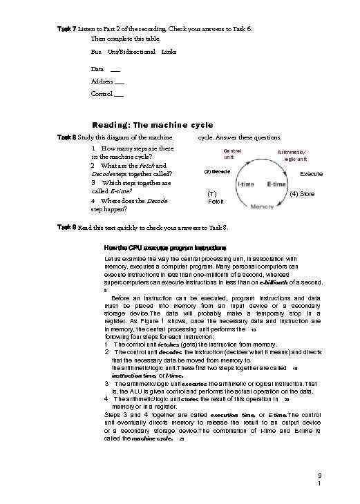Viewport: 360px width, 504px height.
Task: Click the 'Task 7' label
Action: (66, 28)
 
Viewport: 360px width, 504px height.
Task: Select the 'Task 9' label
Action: (66, 226)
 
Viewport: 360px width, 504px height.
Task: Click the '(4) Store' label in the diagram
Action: (302, 194)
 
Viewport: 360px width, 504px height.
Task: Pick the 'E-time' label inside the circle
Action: (276, 184)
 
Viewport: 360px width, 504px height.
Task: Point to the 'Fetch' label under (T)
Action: (216, 202)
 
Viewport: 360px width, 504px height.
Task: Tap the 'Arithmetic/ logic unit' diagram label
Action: (292, 155)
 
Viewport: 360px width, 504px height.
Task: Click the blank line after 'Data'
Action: (115, 70)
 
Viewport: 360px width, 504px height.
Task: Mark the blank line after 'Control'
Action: (120, 94)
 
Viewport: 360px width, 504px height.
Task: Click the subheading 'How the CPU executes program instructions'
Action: (161, 246)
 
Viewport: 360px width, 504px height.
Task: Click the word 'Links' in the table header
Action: (169, 52)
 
